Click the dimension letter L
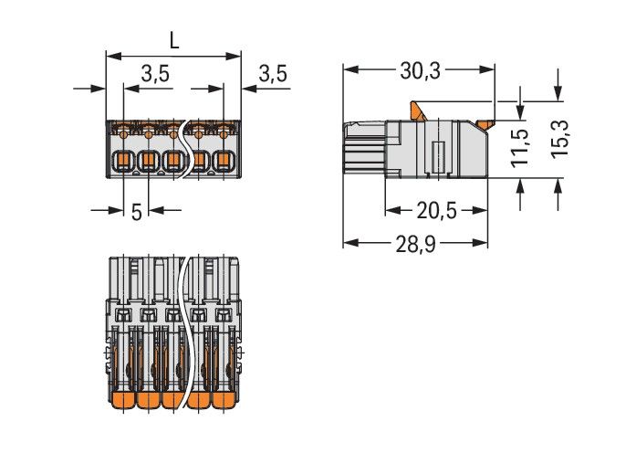pyautogui.click(x=172, y=40)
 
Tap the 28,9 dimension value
pyautogui.click(x=415, y=243)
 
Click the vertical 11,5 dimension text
pyautogui.click(x=519, y=148)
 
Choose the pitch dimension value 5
pyautogui.click(x=136, y=212)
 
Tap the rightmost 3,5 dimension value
pyautogui.click(x=272, y=74)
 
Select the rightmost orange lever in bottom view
pyautogui.click(x=224, y=403)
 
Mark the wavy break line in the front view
pyautogui.click(x=189, y=146)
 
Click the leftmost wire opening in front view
pyautogui.click(x=121, y=163)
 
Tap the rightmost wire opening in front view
pyautogui.click(x=223, y=163)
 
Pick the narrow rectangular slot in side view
pyautogui.click(x=437, y=157)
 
